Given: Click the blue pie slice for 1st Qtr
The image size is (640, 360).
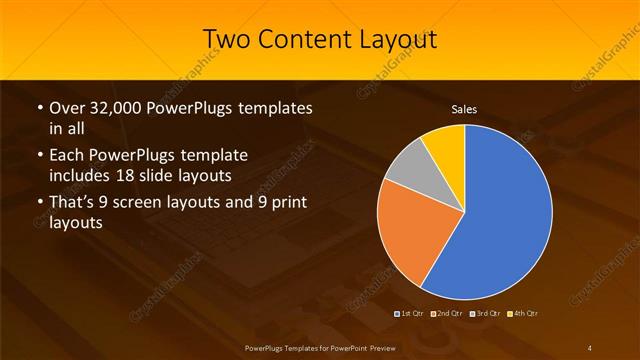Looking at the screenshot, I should click(505, 215).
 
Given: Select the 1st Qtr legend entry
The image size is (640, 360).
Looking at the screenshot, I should click(410, 313).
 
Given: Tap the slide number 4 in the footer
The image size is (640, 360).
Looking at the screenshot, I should click(590, 346).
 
